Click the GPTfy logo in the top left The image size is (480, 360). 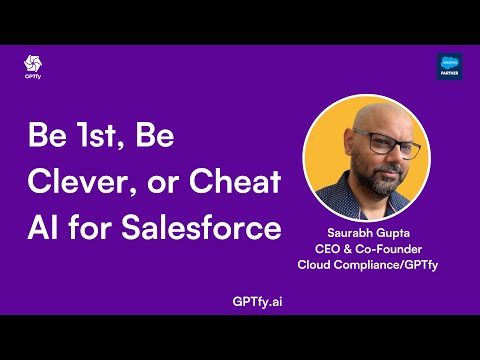(32, 66)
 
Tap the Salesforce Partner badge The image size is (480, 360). (449, 67)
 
